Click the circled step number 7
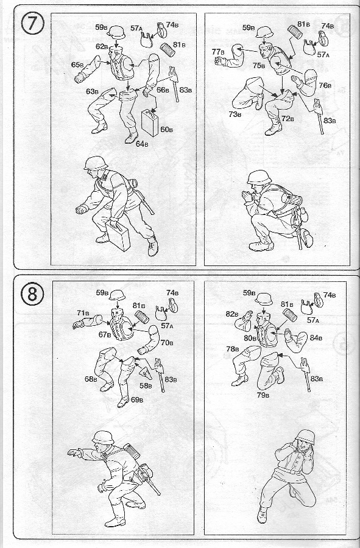point(32,24)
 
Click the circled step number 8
point(32,294)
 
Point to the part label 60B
point(167,130)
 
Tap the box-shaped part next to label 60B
point(150,122)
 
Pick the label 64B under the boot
point(141,144)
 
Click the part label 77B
point(218,52)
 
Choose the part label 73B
point(235,114)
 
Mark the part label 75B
point(259,65)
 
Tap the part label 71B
point(83,313)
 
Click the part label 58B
point(146,386)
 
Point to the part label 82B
point(232,314)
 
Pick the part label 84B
point(316,338)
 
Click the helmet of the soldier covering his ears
point(305,437)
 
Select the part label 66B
point(163,90)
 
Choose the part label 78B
point(233,349)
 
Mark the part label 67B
point(105,334)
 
